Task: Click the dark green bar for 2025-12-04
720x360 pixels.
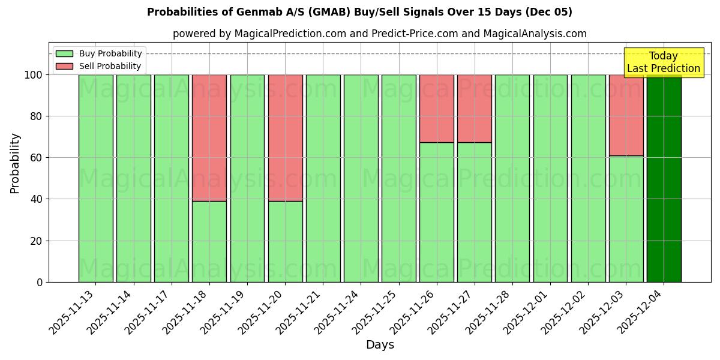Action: pos(664,178)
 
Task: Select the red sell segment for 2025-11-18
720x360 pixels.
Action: pos(209,137)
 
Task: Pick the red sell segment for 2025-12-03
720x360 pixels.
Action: pos(626,115)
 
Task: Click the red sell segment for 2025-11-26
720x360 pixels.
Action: pos(437,108)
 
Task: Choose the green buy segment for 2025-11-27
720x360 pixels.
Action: pos(475,212)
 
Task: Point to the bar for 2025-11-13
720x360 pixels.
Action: pos(95,178)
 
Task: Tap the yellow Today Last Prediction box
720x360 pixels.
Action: pos(663,62)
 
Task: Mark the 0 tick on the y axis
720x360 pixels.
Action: pos(40,282)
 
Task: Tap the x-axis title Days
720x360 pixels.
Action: pos(380,345)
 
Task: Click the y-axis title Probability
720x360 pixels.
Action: pos(15,163)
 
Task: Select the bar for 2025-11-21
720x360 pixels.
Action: pos(323,178)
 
